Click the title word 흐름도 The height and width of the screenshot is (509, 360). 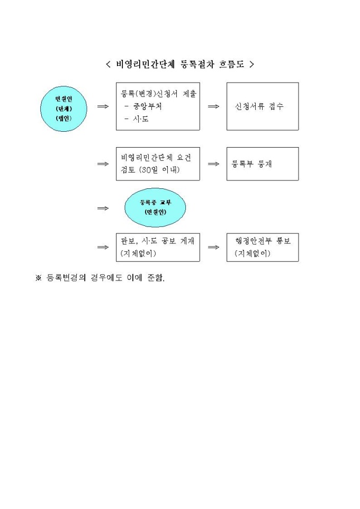[231, 64]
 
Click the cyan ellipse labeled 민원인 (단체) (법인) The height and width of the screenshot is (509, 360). [64, 108]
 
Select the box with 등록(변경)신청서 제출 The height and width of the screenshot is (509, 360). [158, 106]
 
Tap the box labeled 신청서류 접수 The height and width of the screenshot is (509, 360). [263, 106]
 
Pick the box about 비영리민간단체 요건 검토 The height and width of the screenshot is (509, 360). [158, 164]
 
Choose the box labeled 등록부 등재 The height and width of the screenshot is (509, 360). [263, 164]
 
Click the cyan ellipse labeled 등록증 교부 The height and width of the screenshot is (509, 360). [155, 207]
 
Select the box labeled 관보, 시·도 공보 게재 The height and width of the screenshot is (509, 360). [158, 248]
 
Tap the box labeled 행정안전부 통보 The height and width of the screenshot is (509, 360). [263, 248]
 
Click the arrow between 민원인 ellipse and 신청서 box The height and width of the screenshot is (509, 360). [103, 106]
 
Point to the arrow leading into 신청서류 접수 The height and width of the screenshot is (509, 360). [213, 106]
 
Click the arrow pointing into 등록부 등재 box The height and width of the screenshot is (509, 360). [213, 164]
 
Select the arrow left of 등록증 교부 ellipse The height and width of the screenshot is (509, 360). [103, 208]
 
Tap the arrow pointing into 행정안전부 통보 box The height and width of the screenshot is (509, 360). [213, 248]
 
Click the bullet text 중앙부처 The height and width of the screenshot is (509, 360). [148, 106]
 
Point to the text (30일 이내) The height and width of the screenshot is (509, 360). [159, 170]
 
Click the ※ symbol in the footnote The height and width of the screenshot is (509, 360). [39, 278]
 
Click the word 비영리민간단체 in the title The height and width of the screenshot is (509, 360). [145, 64]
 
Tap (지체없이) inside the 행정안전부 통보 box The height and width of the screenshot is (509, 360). [253, 253]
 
